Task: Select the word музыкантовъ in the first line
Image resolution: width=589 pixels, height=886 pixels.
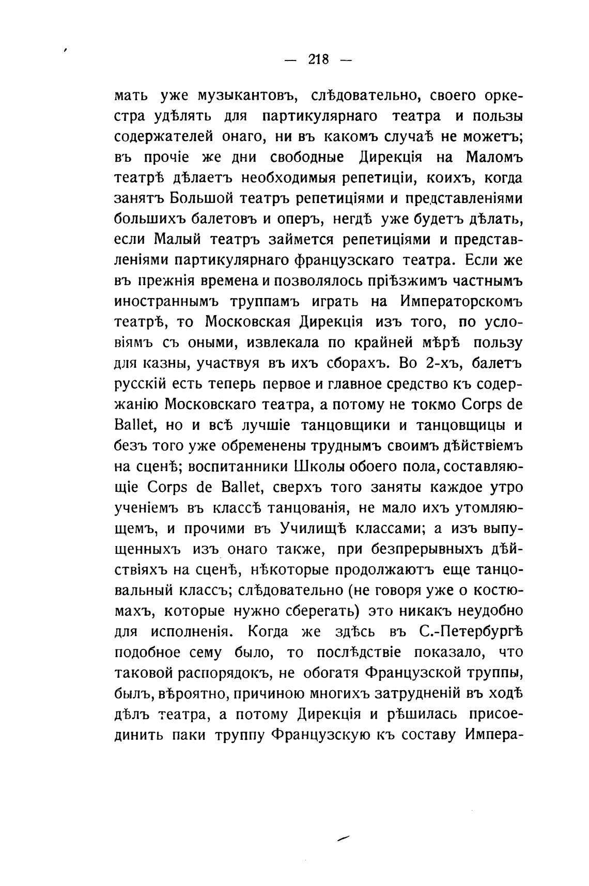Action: pyautogui.click(x=245, y=96)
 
